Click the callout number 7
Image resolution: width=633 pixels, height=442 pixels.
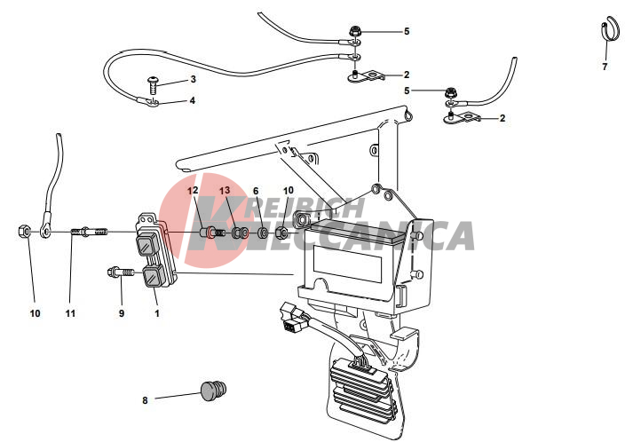click(605, 67)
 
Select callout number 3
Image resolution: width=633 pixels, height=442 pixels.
click(193, 79)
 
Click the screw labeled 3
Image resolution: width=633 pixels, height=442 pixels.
click(153, 85)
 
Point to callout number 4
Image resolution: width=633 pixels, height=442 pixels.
click(192, 100)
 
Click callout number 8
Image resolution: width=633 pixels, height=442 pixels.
click(145, 400)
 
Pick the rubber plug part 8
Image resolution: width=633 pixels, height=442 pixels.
click(213, 390)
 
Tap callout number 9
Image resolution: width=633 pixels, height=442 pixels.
click(122, 313)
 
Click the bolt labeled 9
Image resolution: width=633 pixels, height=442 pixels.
click(121, 272)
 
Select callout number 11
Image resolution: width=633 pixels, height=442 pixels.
click(70, 313)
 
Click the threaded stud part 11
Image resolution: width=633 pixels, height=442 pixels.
click(90, 233)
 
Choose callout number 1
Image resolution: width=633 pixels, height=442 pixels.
click(157, 313)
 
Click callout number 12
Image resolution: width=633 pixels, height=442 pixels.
click(193, 191)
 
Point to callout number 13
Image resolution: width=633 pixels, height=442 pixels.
click(225, 191)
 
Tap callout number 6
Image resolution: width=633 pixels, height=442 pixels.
click(256, 191)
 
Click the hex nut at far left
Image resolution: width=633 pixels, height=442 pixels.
click(23, 232)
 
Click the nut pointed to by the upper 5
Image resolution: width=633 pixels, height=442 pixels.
click(354, 31)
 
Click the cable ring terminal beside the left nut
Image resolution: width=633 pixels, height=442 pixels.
click(44, 230)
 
